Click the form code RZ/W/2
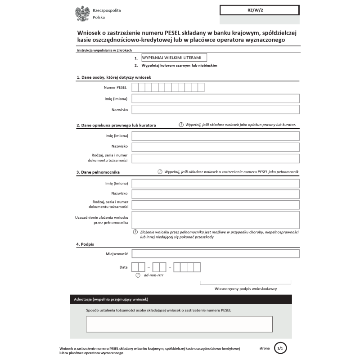(x=259, y=10)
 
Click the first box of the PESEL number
(x=135, y=87)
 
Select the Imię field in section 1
(x=216, y=99)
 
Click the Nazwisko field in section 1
(x=216, y=110)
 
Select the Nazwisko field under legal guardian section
(x=216, y=147)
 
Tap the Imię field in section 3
(x=216, y=183)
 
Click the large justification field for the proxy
(x=216, y=220)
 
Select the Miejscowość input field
(x=216, y=254)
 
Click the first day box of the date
(x=135, y=267)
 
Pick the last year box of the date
(x=197, y=267)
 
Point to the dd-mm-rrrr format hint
(x=153, y=275)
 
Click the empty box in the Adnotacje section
(x=179, y=324)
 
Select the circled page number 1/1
(x=280, y=348)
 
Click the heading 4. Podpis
(x=85, y=244)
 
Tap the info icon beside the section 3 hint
(x=160, y=172)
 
